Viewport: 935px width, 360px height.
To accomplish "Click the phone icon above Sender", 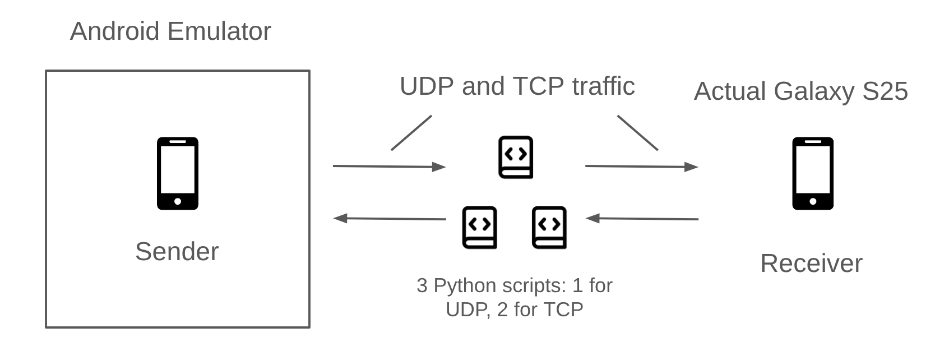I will (177, 173).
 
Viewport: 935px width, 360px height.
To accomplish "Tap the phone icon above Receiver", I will (812, 173).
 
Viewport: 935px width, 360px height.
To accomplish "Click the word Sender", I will (177, 251).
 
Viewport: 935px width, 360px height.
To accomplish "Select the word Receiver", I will (811, 263).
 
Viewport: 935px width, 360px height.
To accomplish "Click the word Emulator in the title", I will (219, 31).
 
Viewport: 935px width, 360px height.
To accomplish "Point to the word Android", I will (114, 31).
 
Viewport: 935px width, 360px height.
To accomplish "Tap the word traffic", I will (603, 86).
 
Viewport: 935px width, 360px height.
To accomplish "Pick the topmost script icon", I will (516, 157).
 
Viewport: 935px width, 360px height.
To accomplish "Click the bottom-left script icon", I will (479, 227).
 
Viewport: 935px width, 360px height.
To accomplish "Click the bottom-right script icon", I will (549, 227).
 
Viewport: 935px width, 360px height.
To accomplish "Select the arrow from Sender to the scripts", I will (389, 167).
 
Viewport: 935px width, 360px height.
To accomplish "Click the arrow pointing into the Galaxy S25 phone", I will (641, 167).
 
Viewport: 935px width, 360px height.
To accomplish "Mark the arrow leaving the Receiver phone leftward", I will (642, 219).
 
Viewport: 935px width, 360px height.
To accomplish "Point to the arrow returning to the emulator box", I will (390, 219).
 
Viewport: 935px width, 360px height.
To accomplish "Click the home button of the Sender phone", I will (178, 201).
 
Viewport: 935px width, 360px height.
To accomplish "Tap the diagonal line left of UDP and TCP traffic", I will (411, 133).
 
